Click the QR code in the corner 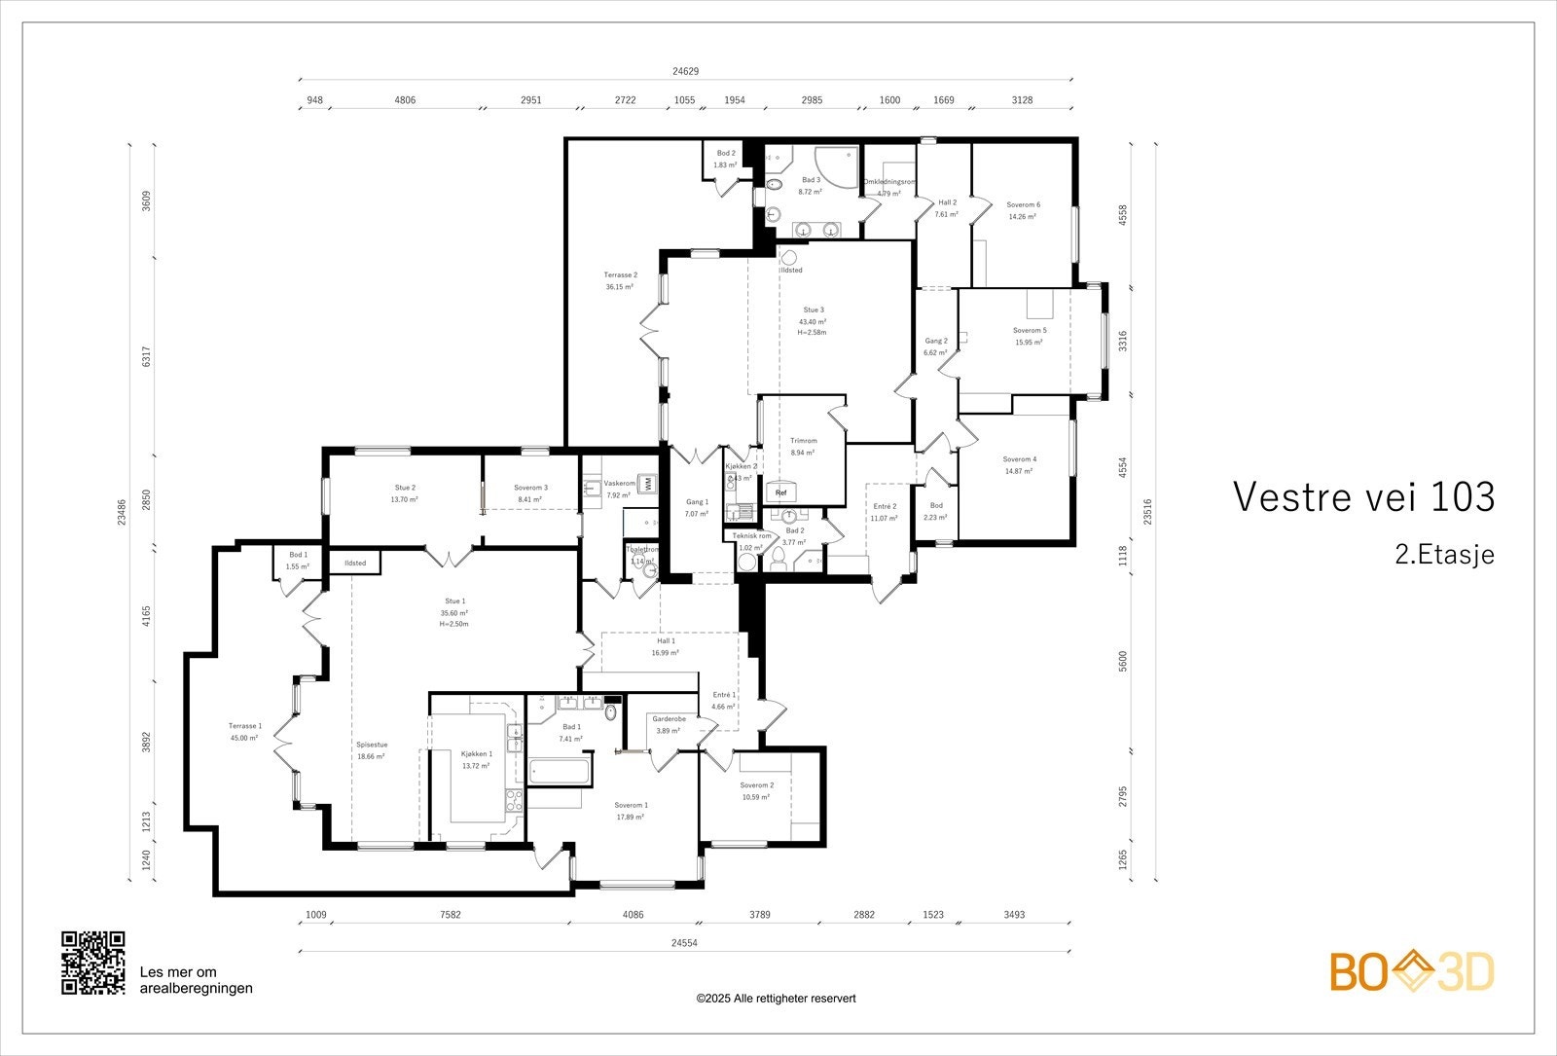93,963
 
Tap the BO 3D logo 1412,971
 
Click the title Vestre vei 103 1363,496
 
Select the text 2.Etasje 1444,555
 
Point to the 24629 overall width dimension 685,71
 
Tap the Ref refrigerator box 780,492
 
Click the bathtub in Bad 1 560,773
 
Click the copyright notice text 776,998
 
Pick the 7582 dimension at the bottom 450,915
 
